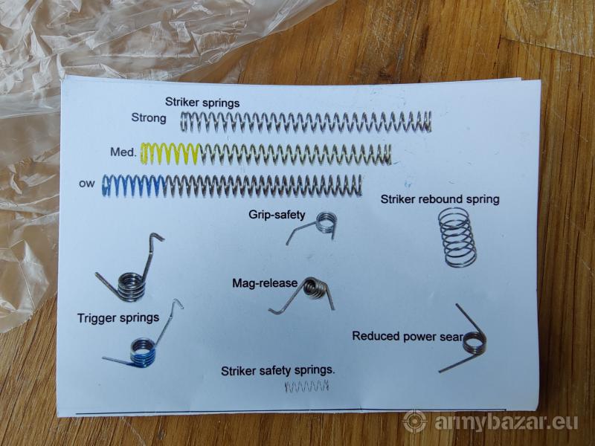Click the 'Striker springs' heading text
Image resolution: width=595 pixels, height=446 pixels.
(x=202, y=103)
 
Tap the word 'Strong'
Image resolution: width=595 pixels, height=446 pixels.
(x=149, y=117)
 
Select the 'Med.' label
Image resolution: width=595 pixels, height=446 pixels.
(x=123, y=152)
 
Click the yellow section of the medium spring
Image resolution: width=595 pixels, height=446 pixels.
(x=170, y=154)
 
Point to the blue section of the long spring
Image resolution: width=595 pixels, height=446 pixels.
(x=134, y=186)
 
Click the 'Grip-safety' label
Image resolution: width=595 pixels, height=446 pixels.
(x=277, y=215)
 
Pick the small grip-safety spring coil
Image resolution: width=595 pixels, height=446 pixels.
(x=327, y=222)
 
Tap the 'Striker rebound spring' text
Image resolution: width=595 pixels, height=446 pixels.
(x=440, y=199)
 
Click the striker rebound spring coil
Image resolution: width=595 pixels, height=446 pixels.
(x=457, y=237)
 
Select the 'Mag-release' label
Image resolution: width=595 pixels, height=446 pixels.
(x=265, y=283)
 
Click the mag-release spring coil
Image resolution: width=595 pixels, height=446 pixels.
(x=314, y=288)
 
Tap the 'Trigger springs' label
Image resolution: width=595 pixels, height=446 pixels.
(x=118, y=317)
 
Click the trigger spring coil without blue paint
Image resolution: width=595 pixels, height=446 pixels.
(x=132, y=286)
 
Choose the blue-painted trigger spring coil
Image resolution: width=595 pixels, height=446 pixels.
(x=143, y=352)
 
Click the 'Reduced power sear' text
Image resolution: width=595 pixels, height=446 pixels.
(x=408, y=336)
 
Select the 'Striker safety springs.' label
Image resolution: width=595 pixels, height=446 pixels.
(x=277, y=370)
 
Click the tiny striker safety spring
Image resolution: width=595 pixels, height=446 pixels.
(x=306, y=387)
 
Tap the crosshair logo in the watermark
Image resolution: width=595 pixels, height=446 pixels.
(x=415, y=422)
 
